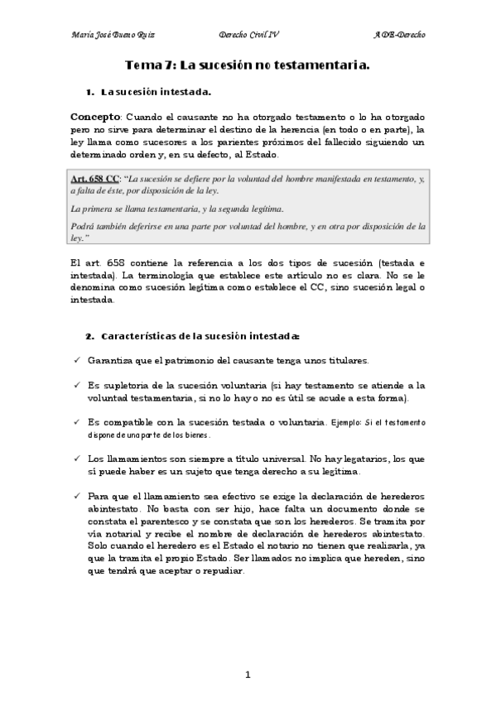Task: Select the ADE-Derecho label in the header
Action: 399,36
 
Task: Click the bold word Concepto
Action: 95,117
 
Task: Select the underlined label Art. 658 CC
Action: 95,178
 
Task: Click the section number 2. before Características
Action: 89,336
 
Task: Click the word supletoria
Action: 124,386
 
